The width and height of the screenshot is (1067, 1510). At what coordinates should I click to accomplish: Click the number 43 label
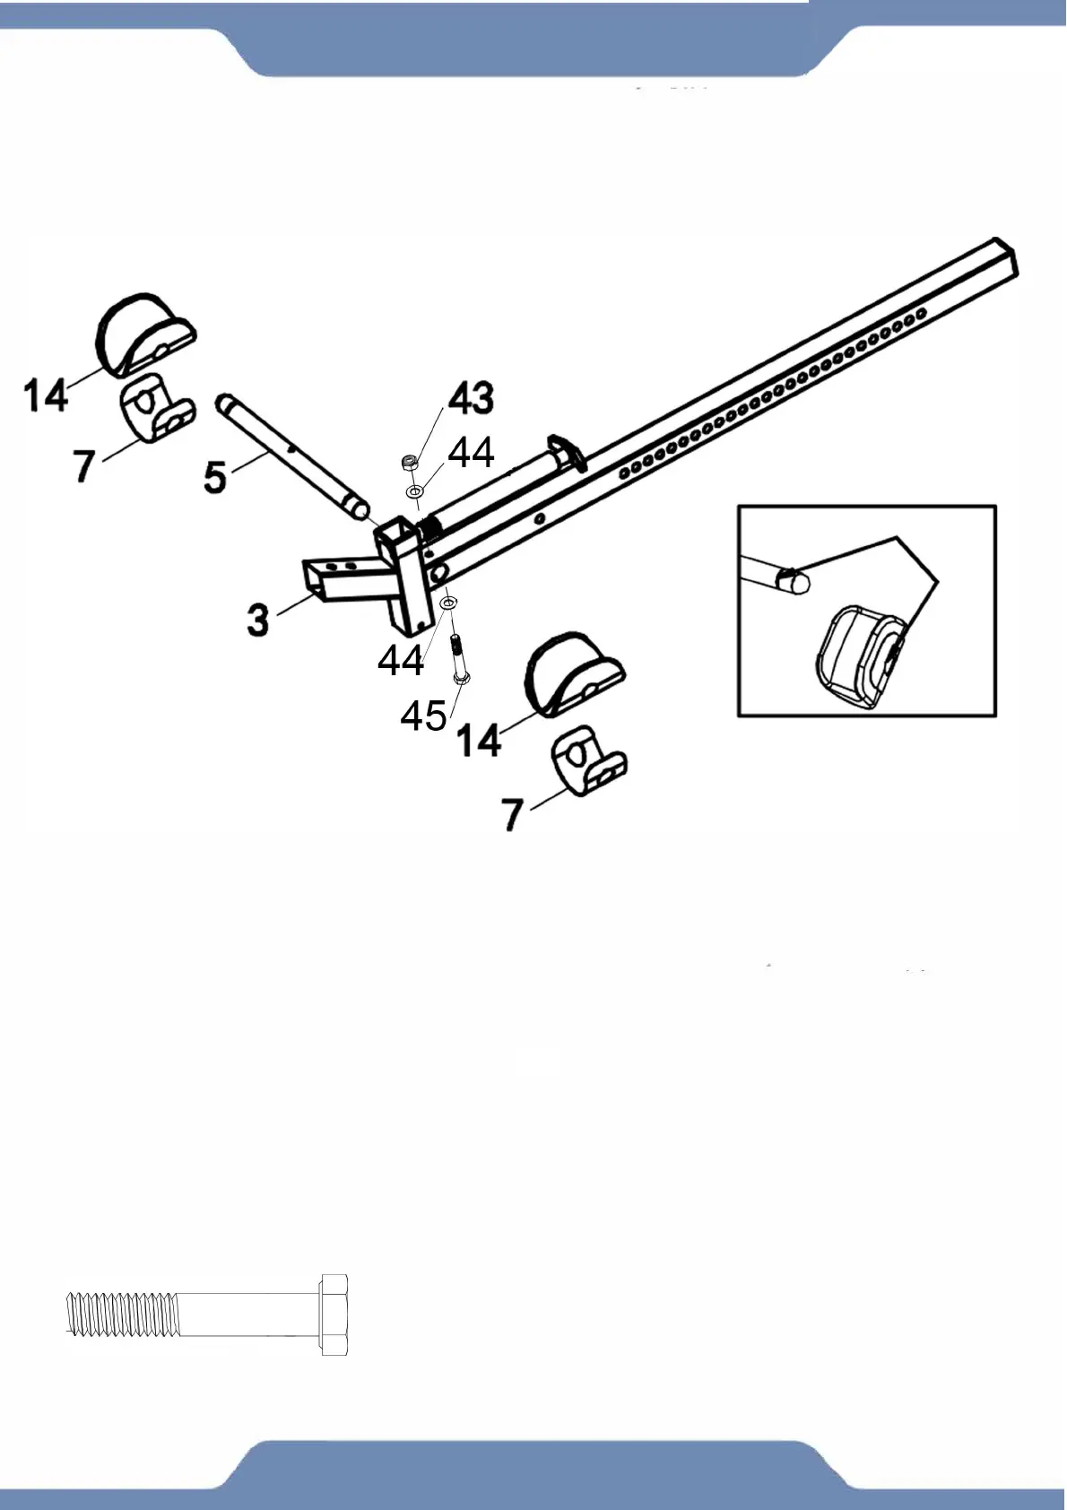point(471,398)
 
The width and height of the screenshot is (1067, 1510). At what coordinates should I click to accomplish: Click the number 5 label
point(215,476)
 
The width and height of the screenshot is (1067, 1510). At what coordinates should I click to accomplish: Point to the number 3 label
point(258,619)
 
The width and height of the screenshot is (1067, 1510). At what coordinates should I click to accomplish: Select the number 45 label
point(423,715)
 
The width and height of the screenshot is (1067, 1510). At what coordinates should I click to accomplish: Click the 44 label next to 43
point(471,453)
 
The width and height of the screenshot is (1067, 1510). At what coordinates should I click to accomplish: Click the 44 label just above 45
point(401,661)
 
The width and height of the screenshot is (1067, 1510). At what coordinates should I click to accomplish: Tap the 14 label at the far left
point(46,395)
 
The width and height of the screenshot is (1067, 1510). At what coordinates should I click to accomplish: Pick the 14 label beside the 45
point(479,741)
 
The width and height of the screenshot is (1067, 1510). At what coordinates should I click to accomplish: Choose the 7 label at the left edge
point(84,465)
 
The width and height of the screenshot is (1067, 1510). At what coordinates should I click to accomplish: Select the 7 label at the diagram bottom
point(512,814)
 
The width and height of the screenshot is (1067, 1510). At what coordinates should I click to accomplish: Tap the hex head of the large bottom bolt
point(333,1314)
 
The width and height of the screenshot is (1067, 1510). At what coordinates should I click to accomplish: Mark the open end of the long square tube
point(1005,255)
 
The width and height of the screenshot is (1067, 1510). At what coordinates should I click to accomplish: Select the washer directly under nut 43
point(415,492)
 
